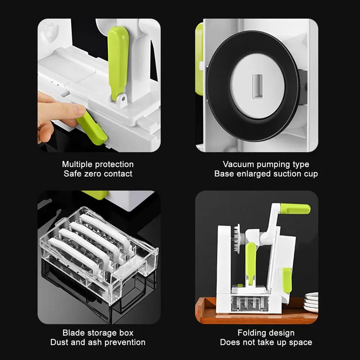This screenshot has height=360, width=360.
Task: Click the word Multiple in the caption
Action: pyautogui.click(x=77, y=165)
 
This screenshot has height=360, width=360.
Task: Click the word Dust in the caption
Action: pyautogui.click(x=59, y=342)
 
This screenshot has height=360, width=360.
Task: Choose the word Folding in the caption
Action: pyautogui.click(x=252, y=333)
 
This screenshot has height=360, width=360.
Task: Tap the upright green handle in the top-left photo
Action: pyautogui.click(x=118, y=61)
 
